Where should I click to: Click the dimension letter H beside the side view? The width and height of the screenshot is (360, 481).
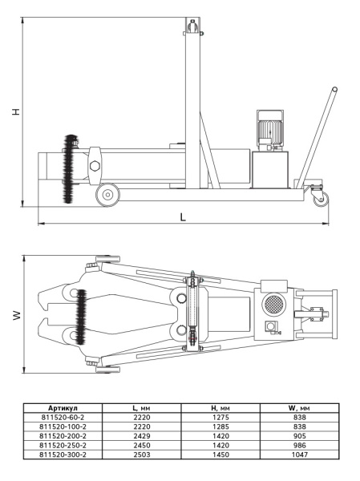click(x=16, y=111)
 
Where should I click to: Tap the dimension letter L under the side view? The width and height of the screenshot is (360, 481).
click(x=183, y=217)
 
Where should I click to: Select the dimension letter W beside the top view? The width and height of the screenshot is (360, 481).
click(x=17, y=315)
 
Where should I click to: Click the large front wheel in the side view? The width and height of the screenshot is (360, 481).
click(x=107, y=195)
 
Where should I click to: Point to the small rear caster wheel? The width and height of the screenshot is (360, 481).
click(x=321, y=199)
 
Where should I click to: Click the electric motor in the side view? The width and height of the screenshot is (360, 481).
click(x=269, y=131)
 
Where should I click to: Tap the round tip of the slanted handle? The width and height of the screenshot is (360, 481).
click(x=334, y=90)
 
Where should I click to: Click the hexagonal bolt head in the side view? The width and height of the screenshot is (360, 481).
click(x=95, y=166)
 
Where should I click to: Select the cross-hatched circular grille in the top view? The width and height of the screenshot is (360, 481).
click(x=274, y=304)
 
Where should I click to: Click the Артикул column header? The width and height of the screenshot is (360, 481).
click(x=63, y=408)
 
